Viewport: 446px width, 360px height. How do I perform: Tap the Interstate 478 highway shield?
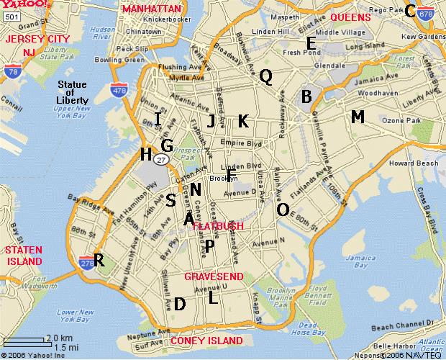119,70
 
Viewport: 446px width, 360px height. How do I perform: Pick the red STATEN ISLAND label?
24,255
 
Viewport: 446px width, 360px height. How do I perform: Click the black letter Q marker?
265,76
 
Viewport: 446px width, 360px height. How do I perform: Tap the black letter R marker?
99,261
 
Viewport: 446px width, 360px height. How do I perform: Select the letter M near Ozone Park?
358,117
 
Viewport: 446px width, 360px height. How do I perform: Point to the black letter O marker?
283,209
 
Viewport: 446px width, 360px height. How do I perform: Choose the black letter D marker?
180,304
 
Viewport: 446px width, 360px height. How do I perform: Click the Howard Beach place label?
412,163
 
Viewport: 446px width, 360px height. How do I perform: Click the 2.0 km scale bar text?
59,338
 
